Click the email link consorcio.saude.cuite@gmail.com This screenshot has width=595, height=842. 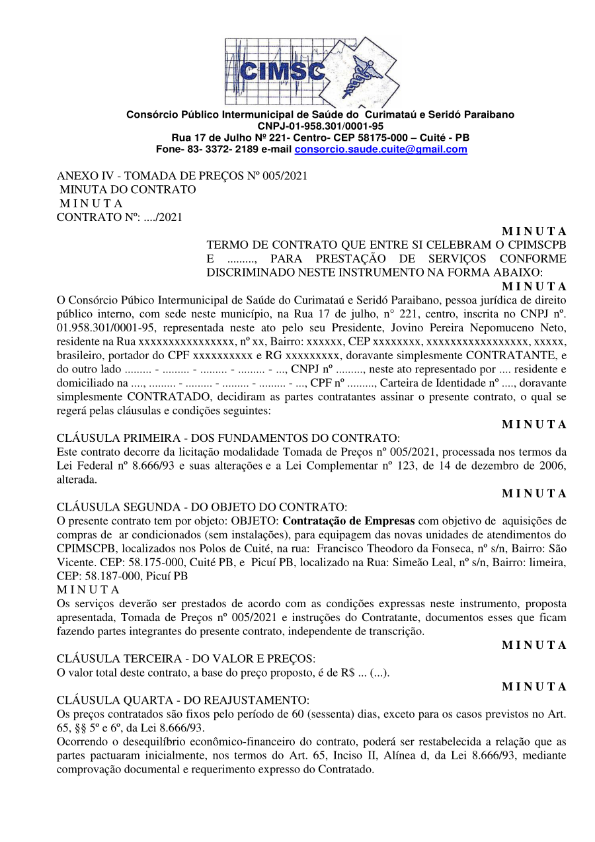tap(380, 149)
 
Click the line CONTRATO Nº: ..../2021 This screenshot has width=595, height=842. tap(120, 217)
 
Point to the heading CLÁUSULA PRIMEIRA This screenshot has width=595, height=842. tap(228, 439)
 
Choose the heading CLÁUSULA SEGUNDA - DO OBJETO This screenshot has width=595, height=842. tap(202, 507)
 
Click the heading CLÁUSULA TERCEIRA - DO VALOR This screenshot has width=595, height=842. tap(186, 659)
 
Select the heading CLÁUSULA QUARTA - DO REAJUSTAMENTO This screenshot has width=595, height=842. tap(182, 700)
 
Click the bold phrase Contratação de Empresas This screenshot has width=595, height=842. tap(348, 521)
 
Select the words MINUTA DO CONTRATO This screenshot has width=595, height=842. tap(128, 190)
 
